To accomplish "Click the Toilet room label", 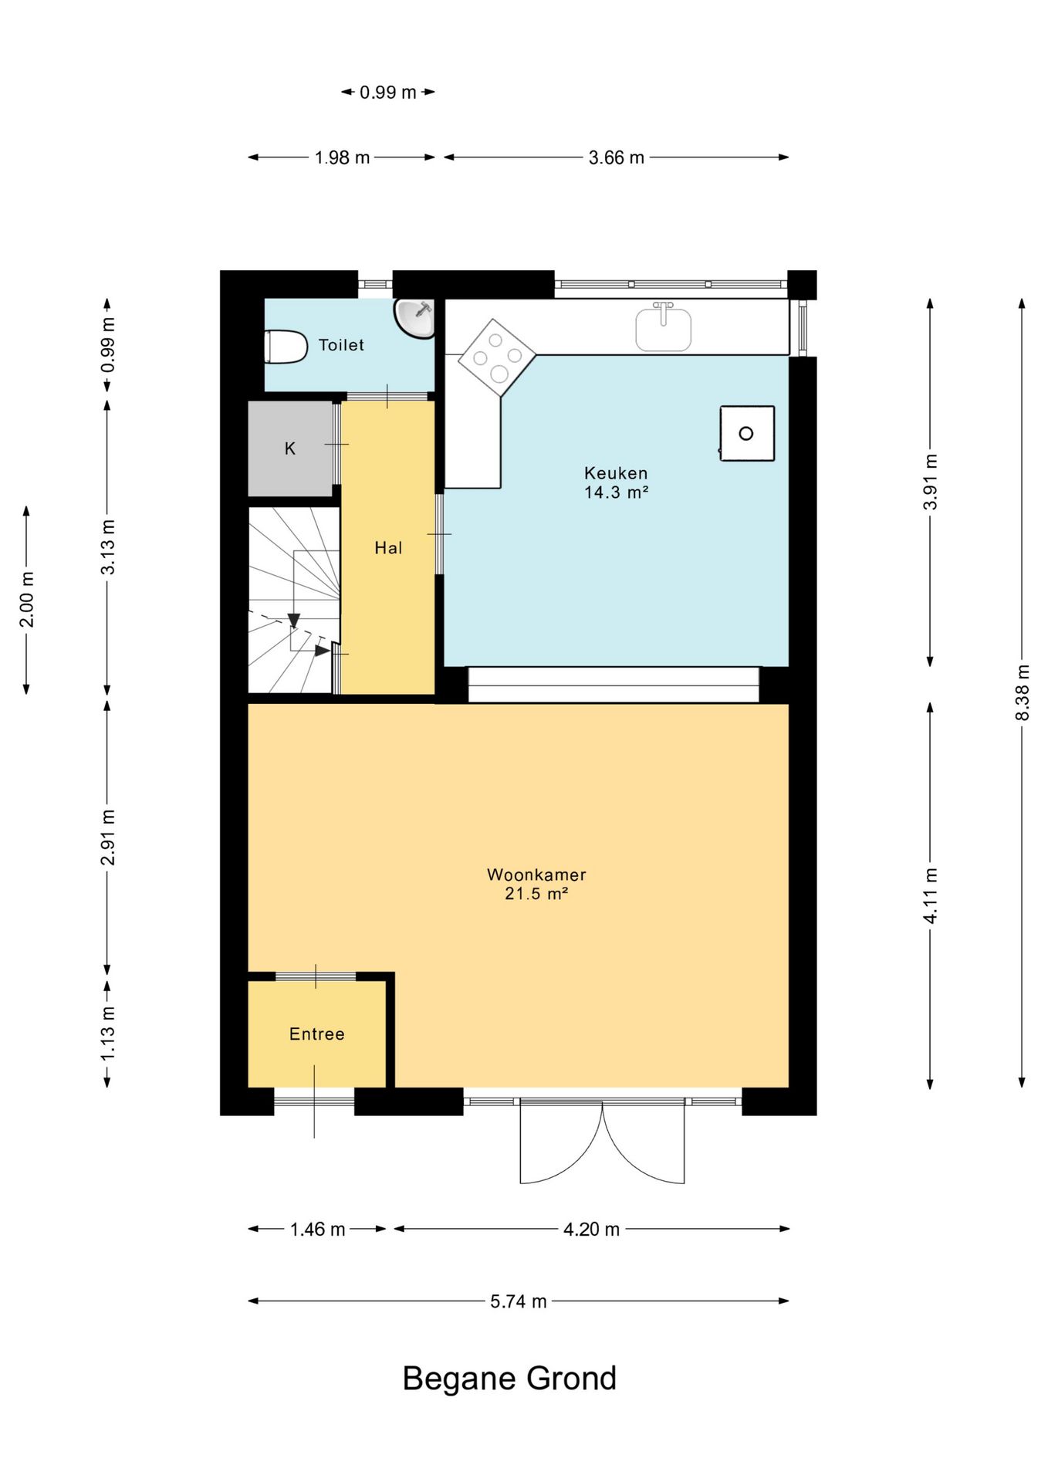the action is (x=341, y=345).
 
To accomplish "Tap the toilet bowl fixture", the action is (x=286, y=347).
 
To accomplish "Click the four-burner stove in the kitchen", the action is (x=497, y=358).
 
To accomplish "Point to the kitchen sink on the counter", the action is (x=663, y=327).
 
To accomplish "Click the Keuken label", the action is (x=616, y=473).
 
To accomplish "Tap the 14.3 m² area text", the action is (x=616, y=492).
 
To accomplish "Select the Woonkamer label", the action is (x=536, y=875).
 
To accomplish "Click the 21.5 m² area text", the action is (x=536, y=894).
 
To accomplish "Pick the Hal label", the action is (x=388, y=548).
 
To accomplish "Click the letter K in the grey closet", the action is (x=290, y=448).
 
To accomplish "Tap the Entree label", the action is (x=316, y=1034).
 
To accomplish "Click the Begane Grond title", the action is (x=509, y=1379).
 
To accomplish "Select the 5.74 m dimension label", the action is (x=519, y=1301).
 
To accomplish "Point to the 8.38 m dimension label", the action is (x=1023, y=692).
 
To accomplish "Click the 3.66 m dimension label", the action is (x=617, y=157).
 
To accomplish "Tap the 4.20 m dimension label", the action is (x=592, y=1229).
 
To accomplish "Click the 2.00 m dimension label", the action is (x=26, y=600).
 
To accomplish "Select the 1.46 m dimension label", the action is (x=317, y=1229).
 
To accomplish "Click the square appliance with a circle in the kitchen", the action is (x=747, y=433).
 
